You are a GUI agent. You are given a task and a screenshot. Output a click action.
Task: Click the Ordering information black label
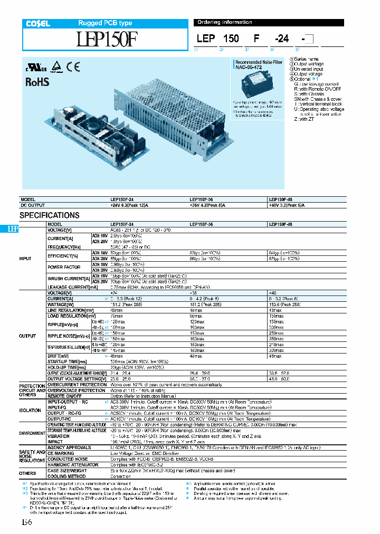point(224,22)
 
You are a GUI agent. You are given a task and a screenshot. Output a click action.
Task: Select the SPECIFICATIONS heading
point(50,215)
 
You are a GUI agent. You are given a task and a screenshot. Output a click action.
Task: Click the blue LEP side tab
point(13,229)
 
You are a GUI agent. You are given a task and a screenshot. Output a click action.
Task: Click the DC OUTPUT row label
point(33,205)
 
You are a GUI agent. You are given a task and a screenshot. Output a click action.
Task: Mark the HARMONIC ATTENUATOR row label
point(72,465)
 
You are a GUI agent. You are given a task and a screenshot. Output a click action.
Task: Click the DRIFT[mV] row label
point(59,356)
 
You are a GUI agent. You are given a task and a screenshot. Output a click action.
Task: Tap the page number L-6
point(26,522)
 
